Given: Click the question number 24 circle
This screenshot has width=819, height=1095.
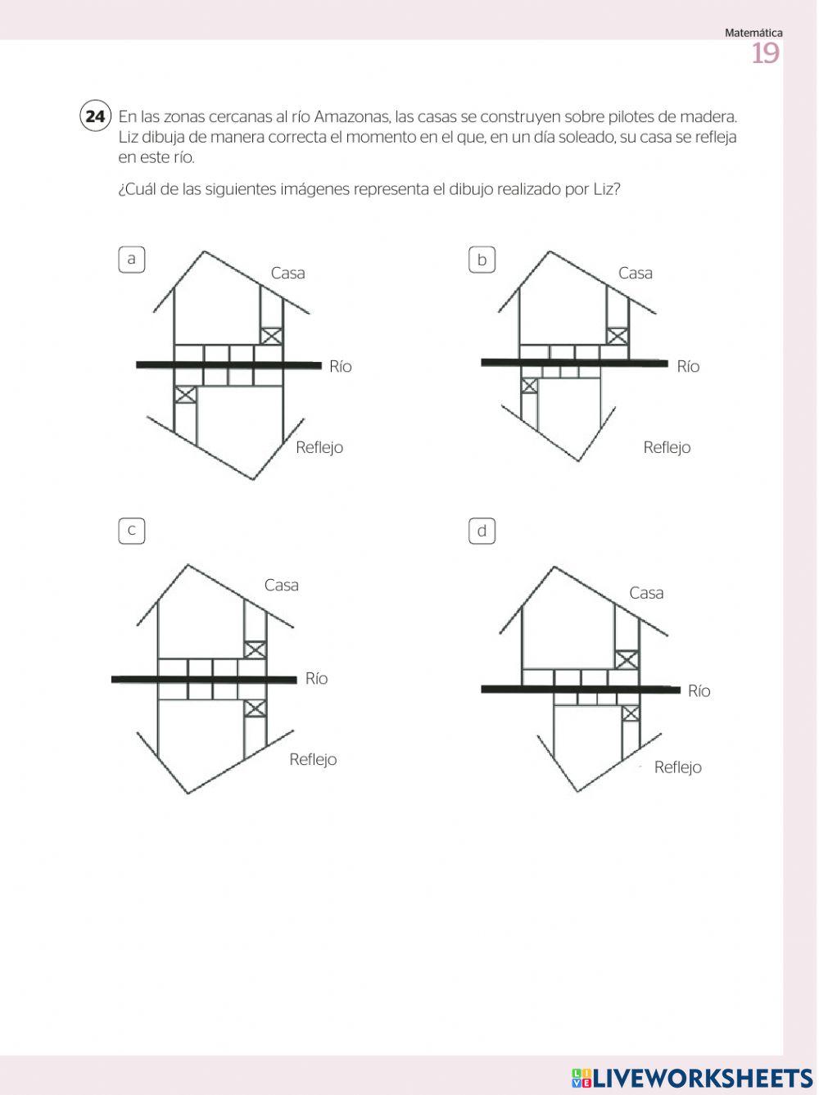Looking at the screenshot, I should (95, 116).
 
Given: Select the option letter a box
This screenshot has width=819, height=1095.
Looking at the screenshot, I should (131, 260).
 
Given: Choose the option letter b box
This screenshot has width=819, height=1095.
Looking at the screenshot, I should (482, 260).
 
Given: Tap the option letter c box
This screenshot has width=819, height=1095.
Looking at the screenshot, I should (131, 531).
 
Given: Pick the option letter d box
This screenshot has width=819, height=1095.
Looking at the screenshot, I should (482, 531).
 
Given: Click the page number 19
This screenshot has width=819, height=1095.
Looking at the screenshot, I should (765, 54).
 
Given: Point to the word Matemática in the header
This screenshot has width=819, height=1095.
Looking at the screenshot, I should (753, 33).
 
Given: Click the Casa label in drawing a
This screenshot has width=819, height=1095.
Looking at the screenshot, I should (287, 274).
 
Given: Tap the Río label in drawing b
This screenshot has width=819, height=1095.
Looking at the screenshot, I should (688, 367).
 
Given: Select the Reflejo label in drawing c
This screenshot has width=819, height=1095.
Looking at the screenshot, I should (313, 760).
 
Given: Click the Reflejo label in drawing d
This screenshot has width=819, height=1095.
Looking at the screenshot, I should (677, 767).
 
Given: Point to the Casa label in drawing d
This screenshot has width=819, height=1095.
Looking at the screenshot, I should (646, 593).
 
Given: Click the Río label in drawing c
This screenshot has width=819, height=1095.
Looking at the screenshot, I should (316, 679).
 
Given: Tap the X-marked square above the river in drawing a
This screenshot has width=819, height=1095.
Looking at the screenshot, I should (272, 336).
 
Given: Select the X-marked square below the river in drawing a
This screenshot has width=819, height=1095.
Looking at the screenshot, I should (186, 394).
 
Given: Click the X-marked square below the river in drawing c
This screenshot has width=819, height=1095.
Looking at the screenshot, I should (256, 708).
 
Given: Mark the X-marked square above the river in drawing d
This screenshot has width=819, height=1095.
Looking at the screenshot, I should (627, 659).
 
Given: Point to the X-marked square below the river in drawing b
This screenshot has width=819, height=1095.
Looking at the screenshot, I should (530, 386).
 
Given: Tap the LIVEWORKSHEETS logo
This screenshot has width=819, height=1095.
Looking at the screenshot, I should (692, 1078).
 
